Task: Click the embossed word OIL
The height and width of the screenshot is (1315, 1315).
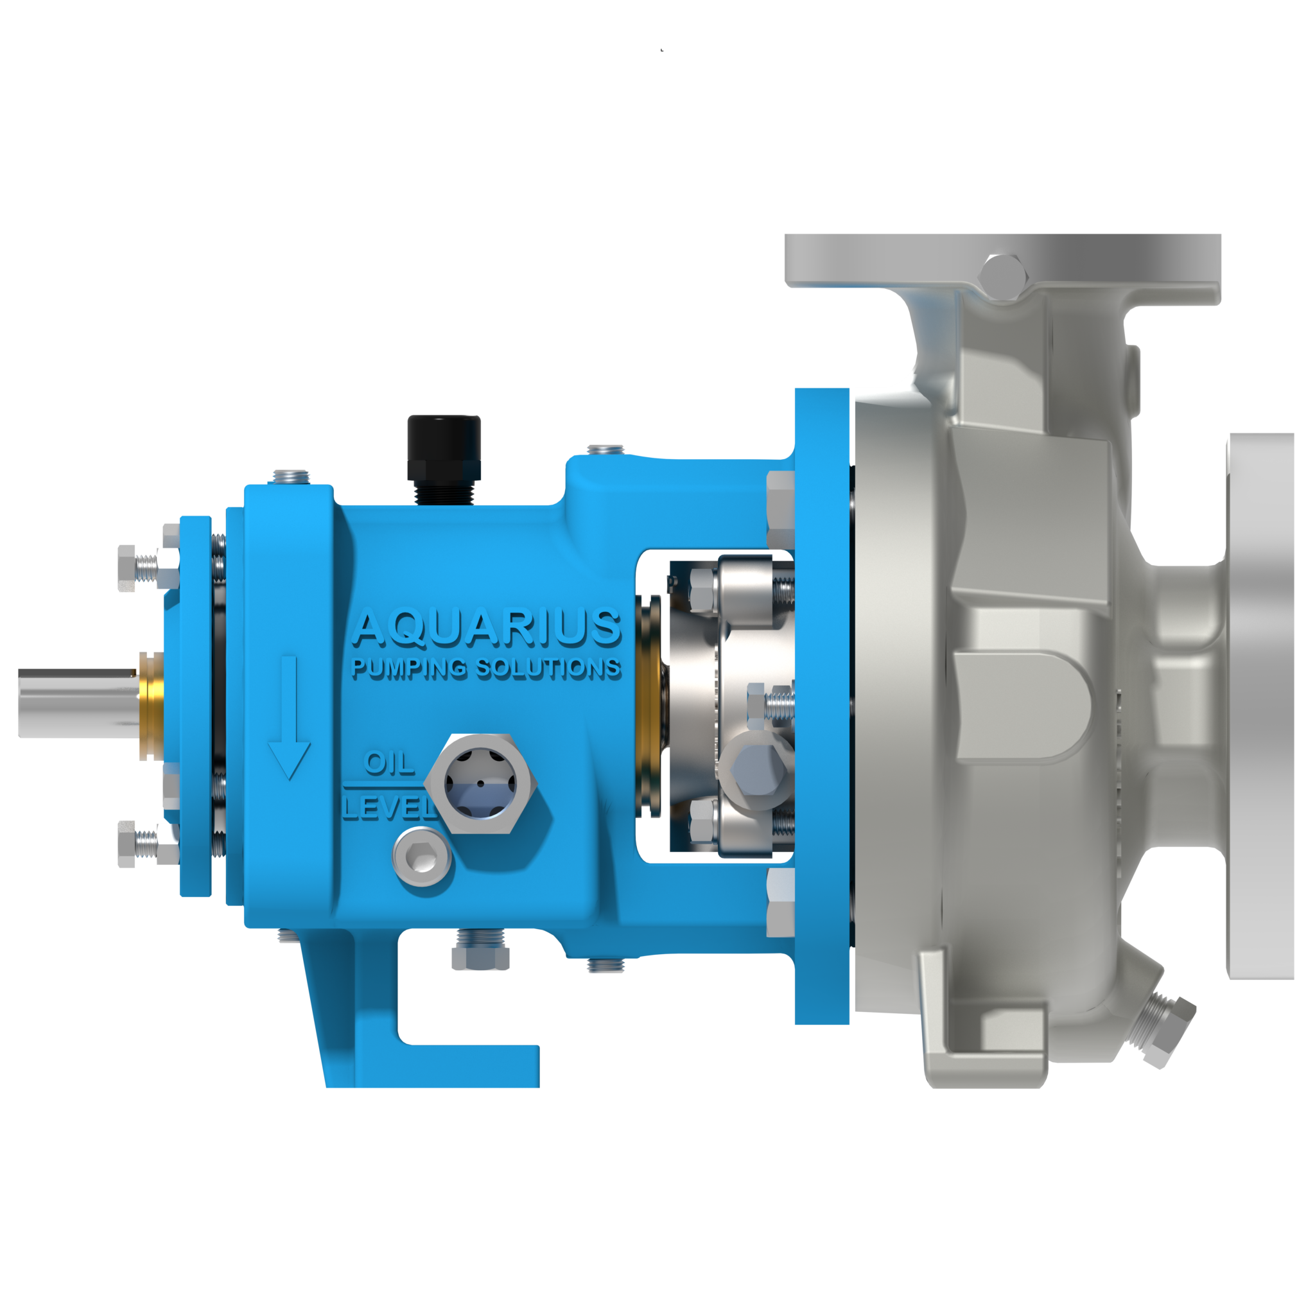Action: click(388, 763)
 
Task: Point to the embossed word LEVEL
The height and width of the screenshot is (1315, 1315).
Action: click(387, 808)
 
